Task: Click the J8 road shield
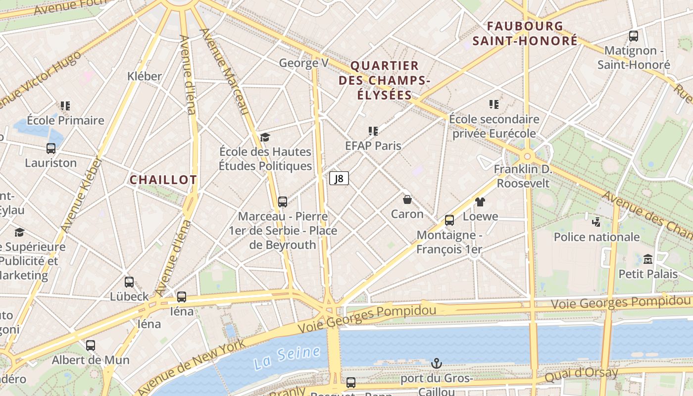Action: pyautogui.click(x=339, y=178)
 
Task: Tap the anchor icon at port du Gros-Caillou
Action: pyautogui.click(x=436, y=364)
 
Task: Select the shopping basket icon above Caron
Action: pyautogui.click(x=407, y=199)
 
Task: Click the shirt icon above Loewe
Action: pyautogui.click(x=480, y=202)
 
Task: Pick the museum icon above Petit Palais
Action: pyautogui.click(x=648, y=259)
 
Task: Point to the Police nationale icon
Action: pyautogui.click(x=596, y=222)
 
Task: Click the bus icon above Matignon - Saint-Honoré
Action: pyautogui.click(x=633, y=36)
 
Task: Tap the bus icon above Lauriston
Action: pyautogui.click(x=51, y=148)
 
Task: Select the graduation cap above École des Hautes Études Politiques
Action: pyautogui.click(x=265, y=137)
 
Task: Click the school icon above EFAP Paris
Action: pyautogui.click(x=373, y=131)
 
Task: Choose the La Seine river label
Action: pyautogui.click(x=287, y=357)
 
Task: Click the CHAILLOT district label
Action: pyautogui.click(x=163, y=180)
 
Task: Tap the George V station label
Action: pyautogui.click(x=304, y=63)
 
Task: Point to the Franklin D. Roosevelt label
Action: pyautogui.click(x=523, y=176)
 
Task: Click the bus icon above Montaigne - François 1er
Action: pyautogui.click(x=449, y=220)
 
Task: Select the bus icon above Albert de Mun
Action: pyautogui.click(x=91, y=345)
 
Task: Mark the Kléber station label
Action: pyautogui.click(x=145, y=76)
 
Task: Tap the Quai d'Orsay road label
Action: pyautogui.click(x=581, y=375)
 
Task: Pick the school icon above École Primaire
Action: pyautogui.click(x=65, y=105)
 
